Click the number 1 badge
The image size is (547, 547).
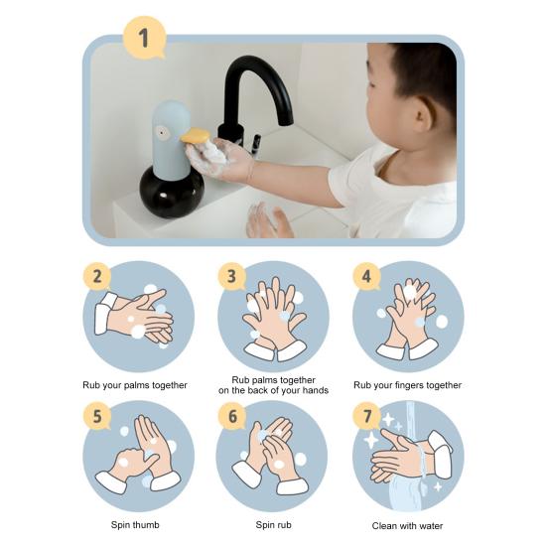click(144, 38)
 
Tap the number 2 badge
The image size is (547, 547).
click(97, 276)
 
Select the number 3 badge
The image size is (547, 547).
click(232, 276)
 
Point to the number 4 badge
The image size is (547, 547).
click(366, 276)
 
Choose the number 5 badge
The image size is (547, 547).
click(97, 416)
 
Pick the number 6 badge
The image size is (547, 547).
click(232, 416)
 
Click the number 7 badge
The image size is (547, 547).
click(366, 416)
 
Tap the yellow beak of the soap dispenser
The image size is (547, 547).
click(195, 136)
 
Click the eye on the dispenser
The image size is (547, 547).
click(161, 132)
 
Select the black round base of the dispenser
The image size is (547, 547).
click(172, 193)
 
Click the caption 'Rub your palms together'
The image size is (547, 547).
click(135, 385)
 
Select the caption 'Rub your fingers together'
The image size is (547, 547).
click(407, 385)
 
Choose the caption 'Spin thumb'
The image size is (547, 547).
click(135, 525)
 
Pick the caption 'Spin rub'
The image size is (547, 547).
click(274, 525)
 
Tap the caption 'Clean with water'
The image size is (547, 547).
click(407, 526)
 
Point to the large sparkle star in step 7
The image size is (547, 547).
click(371, 440)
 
